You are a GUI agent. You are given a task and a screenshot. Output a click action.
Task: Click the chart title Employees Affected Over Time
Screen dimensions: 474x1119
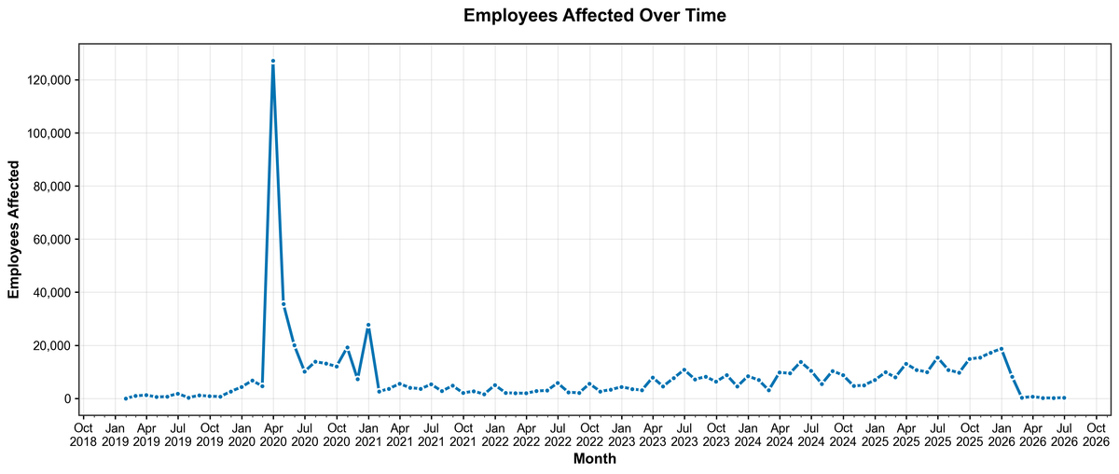tap(594, 16)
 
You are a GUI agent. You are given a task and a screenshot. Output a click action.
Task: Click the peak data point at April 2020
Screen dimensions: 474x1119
tap(272, 62)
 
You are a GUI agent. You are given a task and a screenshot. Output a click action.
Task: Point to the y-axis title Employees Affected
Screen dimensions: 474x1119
tap(14, 227)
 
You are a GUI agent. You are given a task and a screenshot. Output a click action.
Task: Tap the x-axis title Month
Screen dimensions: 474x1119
tap(594, 459)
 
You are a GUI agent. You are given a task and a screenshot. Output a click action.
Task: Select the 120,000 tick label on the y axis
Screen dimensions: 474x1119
tap(47, 80)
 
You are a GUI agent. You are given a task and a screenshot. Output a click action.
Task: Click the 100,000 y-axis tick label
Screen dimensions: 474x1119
tap(47, 133)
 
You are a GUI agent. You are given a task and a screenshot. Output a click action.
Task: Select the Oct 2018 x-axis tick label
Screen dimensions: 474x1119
tap(83, 434)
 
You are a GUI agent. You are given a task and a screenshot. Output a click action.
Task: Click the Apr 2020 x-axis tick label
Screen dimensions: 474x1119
tap(272, 434)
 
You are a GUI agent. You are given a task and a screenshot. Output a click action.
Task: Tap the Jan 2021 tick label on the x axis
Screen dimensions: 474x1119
tap(368, 434)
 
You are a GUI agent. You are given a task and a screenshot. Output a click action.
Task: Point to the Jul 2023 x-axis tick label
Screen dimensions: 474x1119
tap(684, 434)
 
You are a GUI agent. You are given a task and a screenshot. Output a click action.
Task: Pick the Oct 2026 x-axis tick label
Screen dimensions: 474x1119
tap(1096, 434)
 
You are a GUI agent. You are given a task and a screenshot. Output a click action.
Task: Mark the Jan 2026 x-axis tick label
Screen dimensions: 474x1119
tap(1001, 434)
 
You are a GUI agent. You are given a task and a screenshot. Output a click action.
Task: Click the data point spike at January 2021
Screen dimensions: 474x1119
tap(368, 325)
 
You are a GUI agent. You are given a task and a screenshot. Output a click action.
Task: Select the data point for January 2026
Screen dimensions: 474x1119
tap(1001, 349)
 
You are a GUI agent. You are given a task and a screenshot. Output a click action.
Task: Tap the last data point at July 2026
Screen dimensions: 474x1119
tap(1064, 397)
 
